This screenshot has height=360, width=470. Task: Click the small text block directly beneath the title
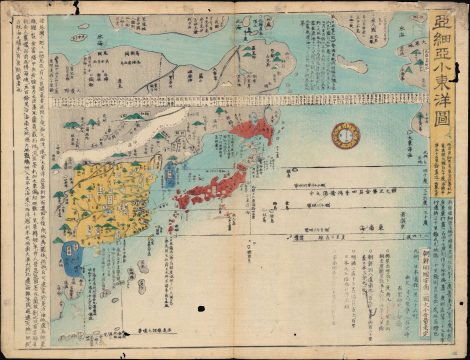click(x=444, y=160)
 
